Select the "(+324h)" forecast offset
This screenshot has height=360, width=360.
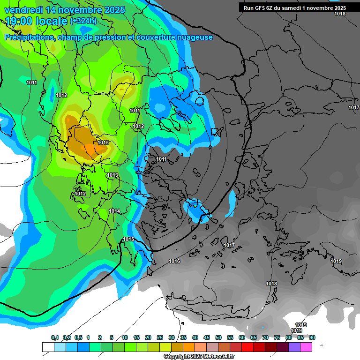click(83, 21)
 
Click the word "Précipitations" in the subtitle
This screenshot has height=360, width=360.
click(29, 37)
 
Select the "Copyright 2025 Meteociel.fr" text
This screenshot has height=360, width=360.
click(199, 357)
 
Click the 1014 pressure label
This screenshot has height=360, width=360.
click(114, 211)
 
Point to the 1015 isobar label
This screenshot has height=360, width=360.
click(128, 240)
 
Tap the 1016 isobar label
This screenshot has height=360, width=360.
click(174, 261)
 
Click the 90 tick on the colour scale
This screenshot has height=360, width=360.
click(312, 337)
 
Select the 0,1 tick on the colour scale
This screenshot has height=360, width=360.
click(54, 337)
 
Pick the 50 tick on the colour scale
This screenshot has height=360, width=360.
click(218, 337)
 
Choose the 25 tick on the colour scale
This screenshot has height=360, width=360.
click(160, 337)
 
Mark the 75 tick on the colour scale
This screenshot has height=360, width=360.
click(277, 337)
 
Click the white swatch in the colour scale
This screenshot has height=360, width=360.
click(48, 347)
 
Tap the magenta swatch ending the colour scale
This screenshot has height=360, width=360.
click(306, 347)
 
